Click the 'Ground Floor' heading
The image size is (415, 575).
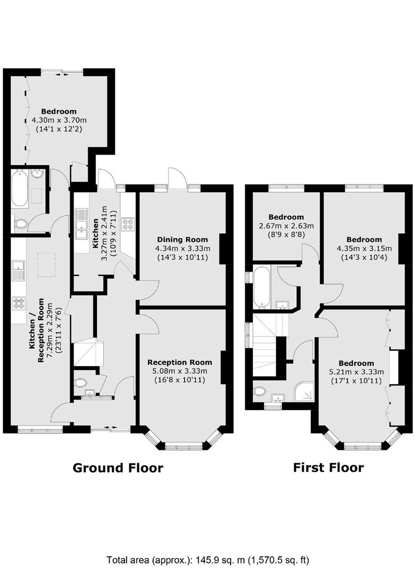118,468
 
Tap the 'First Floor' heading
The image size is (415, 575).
328,467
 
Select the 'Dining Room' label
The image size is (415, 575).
182,240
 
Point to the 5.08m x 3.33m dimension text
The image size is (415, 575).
180,371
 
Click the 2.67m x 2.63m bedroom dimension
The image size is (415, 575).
286,226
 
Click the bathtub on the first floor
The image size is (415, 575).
261,286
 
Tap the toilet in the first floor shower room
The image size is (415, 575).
260,391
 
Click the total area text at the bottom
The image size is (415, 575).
208,560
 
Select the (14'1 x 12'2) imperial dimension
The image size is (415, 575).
59,129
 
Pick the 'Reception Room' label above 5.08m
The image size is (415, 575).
180,363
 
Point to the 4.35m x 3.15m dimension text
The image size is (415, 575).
364,248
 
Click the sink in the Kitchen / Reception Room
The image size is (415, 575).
18,270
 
